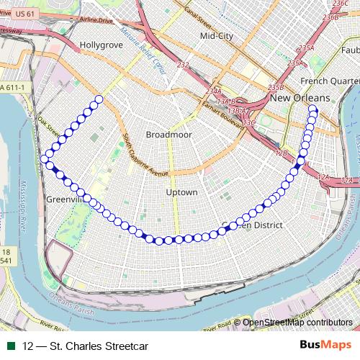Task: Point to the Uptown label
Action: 181,192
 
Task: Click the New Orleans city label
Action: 300,98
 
